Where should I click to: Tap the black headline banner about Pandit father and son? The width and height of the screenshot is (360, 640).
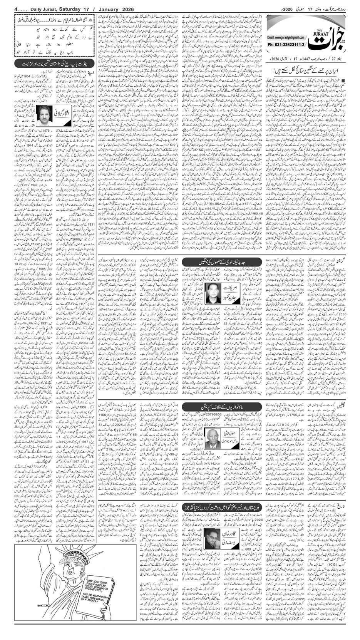(54, 63)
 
